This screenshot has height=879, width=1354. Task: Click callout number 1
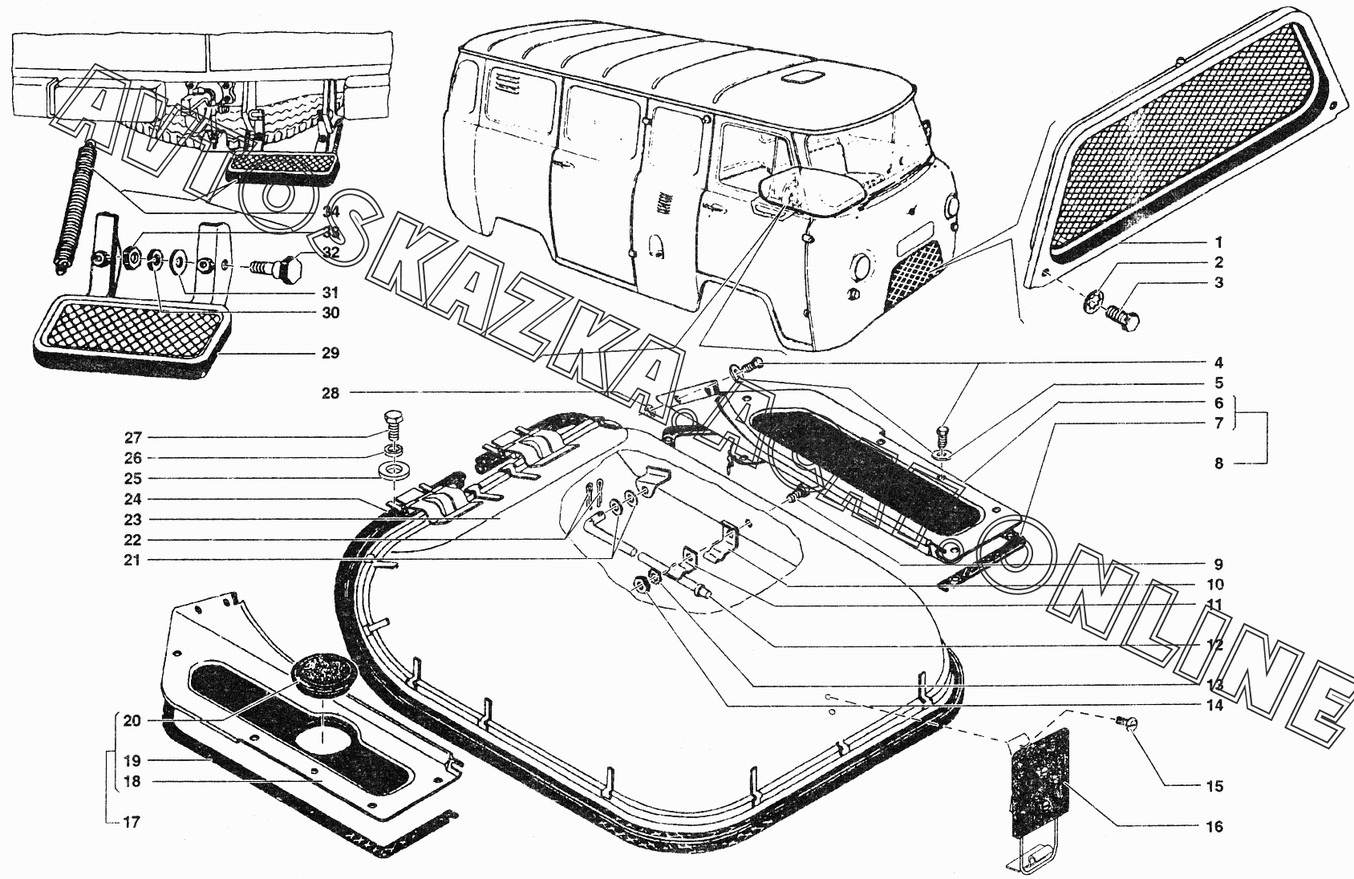[1218, 241]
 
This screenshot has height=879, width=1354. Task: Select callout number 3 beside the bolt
[1218, 282]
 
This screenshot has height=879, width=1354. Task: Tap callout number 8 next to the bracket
[1218, 463]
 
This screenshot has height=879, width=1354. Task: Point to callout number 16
[1215, 826]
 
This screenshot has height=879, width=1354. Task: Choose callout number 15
[1215, 786]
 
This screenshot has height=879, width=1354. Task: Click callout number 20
[132, 720]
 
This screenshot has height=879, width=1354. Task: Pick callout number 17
[132, 821]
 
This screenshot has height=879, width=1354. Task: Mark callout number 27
[132, 438]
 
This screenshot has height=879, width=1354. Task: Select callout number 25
[132, 479]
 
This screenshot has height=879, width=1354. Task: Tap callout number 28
[331, 393]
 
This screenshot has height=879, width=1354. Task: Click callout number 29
[330, 353]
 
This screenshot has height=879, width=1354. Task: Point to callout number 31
[330, 292]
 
